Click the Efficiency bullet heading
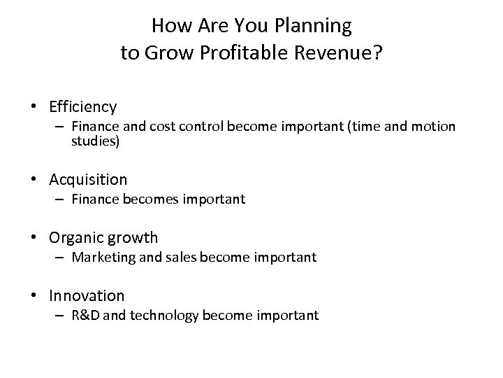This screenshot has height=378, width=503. click(83, 107)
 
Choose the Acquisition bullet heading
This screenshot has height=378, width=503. click(88, 180)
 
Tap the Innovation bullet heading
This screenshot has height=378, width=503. click(87, 296)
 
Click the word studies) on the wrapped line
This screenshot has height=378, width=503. click(95, 141)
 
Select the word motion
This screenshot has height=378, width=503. click(435, 127)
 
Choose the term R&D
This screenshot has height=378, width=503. click(85, 316)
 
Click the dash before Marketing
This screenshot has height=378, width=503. click(61, 258)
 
